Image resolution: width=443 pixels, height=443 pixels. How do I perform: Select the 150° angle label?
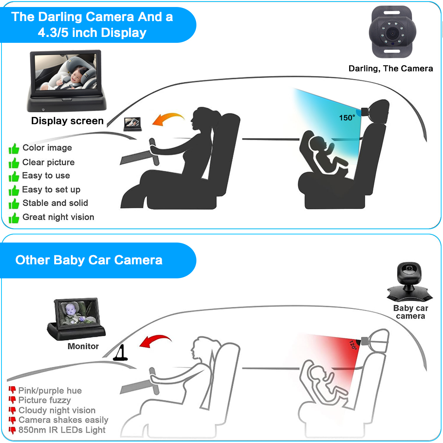pyautogui.click(x=347, y=118)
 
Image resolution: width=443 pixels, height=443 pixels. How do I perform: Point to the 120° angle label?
pyautogui.click(x=353, y=345)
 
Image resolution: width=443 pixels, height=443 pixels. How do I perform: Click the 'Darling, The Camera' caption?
pyautogui.click(x=391, y=69)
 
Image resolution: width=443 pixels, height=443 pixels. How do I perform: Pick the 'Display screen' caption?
pyautogui.click(x=67, y=121)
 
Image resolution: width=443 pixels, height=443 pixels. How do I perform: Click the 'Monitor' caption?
pyautogui.click(x=83, y=346)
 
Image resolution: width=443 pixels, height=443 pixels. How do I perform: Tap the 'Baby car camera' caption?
pyautogui.click(x=411, y=312)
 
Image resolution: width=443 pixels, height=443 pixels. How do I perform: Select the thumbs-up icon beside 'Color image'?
pyautogui.click(x=14, y=149)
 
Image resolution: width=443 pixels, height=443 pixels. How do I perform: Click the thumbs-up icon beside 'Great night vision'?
pyautogui.click(x=14, y=218)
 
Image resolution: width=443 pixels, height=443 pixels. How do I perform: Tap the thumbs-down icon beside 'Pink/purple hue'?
pyautogui.click(x=12, y=390)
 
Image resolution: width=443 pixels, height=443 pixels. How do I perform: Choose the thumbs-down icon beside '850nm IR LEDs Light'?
pyautogui.click(x=12, y=430)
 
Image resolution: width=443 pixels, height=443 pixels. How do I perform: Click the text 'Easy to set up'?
pyautogui.click(x=51, y=190)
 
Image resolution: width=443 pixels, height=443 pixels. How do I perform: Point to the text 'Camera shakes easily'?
pyautogui.click(x=63, y=420)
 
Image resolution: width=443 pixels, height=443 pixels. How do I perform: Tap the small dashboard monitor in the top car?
pyautogui.click(x=132, y=123)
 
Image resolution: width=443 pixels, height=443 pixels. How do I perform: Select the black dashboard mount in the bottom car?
pyautogui.click(x=120, y=354)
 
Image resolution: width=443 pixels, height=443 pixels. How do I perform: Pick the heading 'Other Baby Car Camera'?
pyautogui.click(x=89, y=260)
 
